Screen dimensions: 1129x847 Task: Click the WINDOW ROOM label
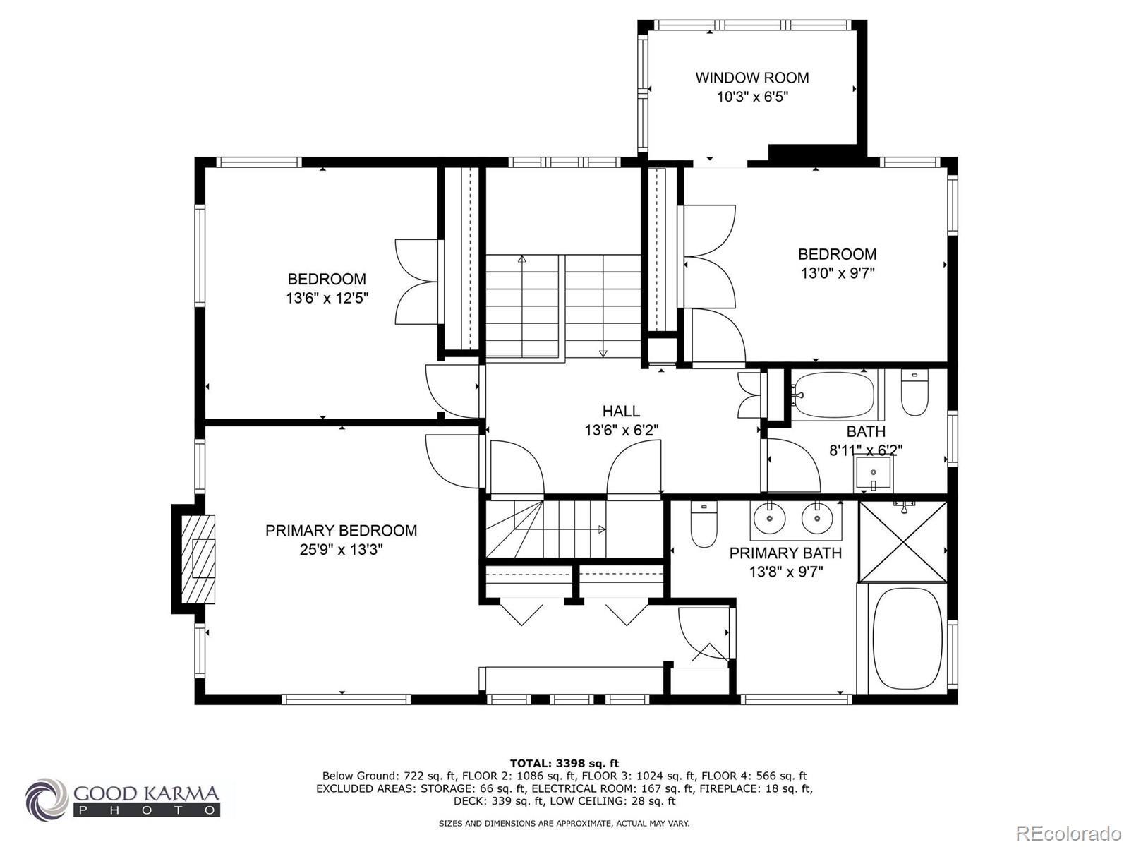click(x=752, y=78)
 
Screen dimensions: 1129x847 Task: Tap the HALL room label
click(x=622, y=411)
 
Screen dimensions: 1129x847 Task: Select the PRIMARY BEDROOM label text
click(x=341, y=531)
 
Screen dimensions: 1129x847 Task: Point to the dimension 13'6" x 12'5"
click(x=327, y=299)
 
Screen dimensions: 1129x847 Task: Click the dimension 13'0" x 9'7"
click(x=838, y=273)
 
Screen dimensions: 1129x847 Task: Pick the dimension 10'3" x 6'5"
click(x=752, y=97)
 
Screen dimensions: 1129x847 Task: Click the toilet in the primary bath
click(x=704, y=524)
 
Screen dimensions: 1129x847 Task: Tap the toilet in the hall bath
click(x=914, y=393)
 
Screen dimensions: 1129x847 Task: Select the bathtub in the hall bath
click(x=833, y=396)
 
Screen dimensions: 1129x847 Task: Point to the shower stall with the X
click(x=903, y=541)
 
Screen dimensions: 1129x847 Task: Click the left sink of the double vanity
click(x=769, y=519)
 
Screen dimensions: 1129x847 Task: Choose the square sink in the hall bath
click(x=874, y=474)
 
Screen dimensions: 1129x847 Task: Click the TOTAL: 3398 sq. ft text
click(x=564, y=763)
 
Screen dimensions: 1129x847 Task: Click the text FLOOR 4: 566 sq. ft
click(x=754, y=776)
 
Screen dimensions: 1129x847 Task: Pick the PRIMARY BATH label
click(x=785, y=553)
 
